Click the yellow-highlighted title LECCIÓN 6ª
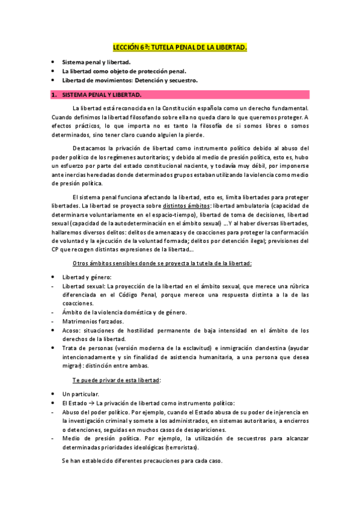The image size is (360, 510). click(180, 48)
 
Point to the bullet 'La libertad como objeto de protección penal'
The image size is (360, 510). click(121, 71)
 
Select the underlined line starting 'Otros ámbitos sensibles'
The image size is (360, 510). click(162, 263)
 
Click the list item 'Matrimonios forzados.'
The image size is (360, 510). click(93, 321)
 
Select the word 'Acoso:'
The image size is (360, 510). click(72, 330)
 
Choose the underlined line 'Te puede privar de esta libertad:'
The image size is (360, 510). click(117, 380)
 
